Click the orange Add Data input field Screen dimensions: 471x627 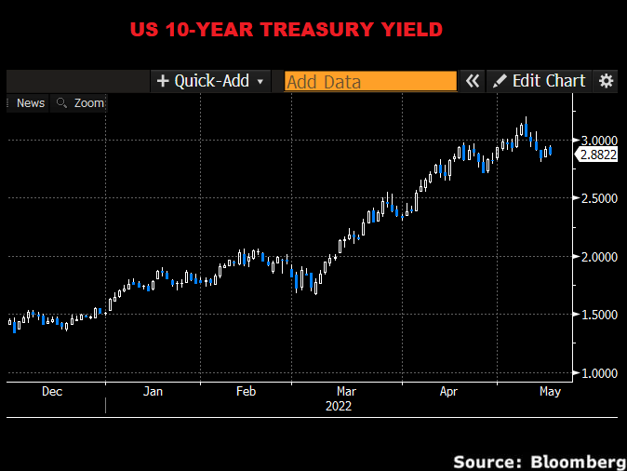tap(370, 81)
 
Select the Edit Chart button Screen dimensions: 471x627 tap(540, 81)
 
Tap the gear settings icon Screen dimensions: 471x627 tap(607, 81)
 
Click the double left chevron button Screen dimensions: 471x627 tap(473, 81)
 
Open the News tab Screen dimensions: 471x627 tap(30, 103)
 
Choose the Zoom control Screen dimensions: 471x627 tap(81, 103)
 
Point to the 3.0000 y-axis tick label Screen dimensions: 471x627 tap(599, 140)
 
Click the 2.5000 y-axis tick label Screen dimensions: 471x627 tap(599, 198)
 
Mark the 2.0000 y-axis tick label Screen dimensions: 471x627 tap(599, 256)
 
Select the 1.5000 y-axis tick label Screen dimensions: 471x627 tap(599, 315)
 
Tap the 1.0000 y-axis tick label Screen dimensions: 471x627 tap(599, 373)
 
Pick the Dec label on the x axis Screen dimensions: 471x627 tap(52, 392)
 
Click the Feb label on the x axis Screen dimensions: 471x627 tap(246, 392)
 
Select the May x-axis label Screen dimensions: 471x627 tap(550, 392)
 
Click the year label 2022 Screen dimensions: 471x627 tap(339, 406)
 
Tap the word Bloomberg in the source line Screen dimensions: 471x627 tap(578, 462)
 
